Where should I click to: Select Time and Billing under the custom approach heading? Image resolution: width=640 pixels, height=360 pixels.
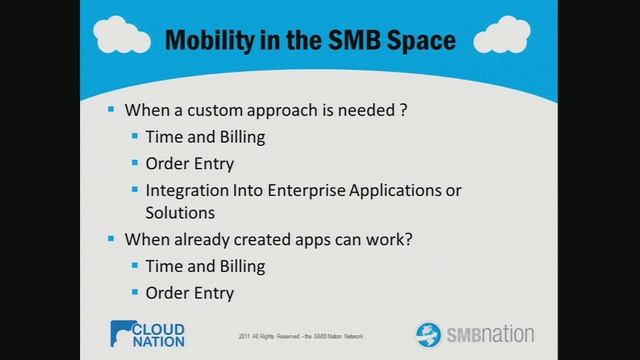pos(205,137)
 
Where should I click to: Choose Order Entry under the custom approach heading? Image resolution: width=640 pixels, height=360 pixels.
pos(189,163)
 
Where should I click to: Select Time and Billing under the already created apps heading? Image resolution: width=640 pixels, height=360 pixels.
pos(205,266)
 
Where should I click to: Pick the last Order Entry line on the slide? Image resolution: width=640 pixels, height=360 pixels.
pos(189,292)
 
